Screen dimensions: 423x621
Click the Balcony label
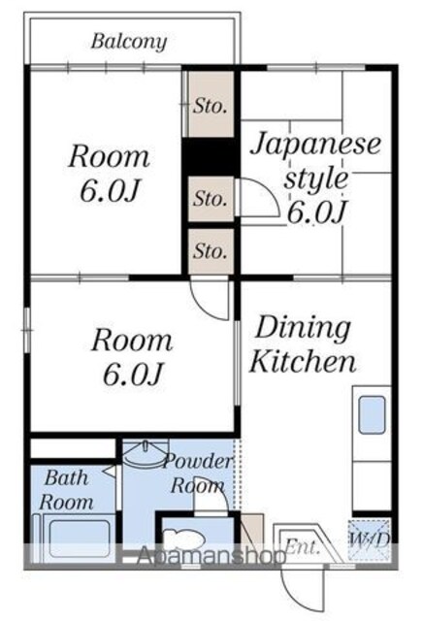click(x=129, y=42)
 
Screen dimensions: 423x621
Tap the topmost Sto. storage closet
click(x=211, y=104)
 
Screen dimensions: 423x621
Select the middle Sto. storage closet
click(x=211, y=198)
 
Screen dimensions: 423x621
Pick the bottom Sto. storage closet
click(x=211, y=251)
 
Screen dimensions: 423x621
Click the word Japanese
click(x=315, y=145)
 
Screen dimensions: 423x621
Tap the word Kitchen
click(x=303, y=361)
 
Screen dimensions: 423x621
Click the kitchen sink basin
click(x=372, y=414)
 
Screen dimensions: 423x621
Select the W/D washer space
click(x=370, y=539)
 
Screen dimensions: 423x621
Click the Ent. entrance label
click(x=302, y=547)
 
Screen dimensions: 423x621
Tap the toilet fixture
click(x=183, y=539)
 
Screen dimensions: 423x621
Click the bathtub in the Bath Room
click(x=80, y=539)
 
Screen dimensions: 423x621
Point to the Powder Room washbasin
click(x=146, y=454)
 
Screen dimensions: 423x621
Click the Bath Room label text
click(x=66, y=490)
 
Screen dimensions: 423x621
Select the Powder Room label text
click(x=198, y=474)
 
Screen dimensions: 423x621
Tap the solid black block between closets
click(x=211, y=157)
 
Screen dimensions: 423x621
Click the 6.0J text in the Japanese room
click(x=317, y=212)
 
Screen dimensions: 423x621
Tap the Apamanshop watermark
click(x=211, y=554)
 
